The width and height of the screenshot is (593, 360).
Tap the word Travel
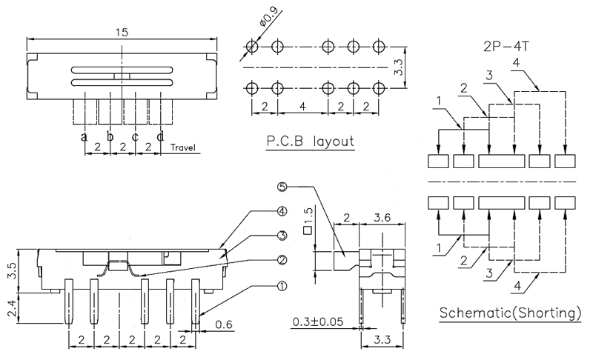tap(182, 147)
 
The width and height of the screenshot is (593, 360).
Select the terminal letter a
tap(84, 137)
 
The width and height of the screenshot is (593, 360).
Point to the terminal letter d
tap(160, 137)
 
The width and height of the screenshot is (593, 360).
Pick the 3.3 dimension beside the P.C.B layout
tap(398, 69)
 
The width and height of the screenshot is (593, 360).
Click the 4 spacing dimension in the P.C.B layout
tap(302, 107)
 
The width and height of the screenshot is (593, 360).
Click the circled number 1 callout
tap(282, 284)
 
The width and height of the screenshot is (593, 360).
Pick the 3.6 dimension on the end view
tap(385, 218)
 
